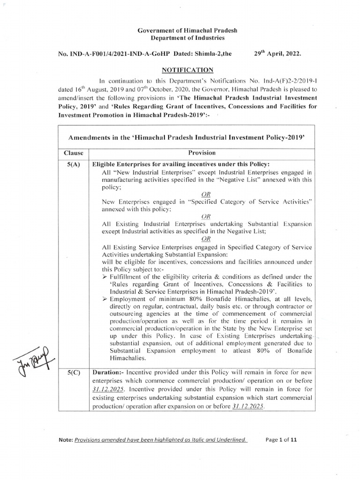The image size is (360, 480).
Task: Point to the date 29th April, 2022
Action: point(277,54)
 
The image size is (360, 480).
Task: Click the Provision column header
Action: point(202,153)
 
